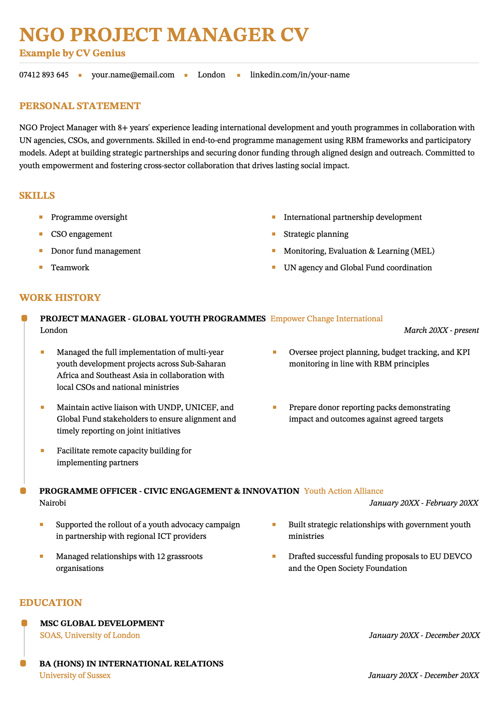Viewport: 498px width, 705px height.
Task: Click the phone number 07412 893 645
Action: [x=44, y=75]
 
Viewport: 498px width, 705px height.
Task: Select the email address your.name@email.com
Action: [x=133, y=75]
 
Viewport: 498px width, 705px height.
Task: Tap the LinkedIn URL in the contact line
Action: [x=300, y=75]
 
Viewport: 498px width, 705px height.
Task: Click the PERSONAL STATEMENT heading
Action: [x=80, y=106]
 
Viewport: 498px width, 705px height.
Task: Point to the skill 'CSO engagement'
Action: [x=81, y=234]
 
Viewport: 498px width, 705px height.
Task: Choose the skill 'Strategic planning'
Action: [x=316, y=234]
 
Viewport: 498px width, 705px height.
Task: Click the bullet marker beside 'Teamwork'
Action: [x=41, y=267]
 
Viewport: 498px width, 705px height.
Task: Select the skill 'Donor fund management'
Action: [x=95, y=251]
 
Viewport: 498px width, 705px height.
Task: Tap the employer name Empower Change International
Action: [x=326, y=319]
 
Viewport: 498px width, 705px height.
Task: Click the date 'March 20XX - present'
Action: [x=441, y=330]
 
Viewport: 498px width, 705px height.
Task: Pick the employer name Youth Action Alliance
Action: [x=344, y=491]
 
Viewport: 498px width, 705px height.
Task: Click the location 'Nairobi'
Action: [x=53, y=503]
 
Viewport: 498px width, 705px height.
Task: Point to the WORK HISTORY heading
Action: [x=60, y=298]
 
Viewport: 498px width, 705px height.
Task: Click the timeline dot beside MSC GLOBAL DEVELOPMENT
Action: [x=24, y=623]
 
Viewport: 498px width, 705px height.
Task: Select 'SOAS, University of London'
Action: [x=90, y=635]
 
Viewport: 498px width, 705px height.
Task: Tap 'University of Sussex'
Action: [x=75, y=676]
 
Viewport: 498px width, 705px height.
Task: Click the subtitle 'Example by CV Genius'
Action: [x=72, y=53]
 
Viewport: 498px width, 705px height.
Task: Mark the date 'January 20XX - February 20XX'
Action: [x=424, y=503]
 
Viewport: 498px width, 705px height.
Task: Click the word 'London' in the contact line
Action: [x=211, y=75]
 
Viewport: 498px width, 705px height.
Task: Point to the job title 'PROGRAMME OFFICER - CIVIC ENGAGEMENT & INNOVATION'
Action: [x=169, y=491]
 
